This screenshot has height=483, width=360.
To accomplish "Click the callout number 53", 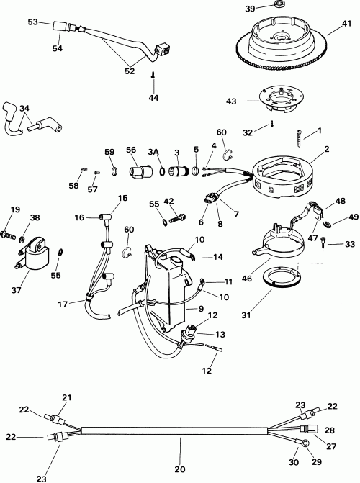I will [33, 22].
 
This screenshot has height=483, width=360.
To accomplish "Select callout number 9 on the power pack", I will [192, 309].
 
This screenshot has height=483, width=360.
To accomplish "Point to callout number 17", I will [63, 304].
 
